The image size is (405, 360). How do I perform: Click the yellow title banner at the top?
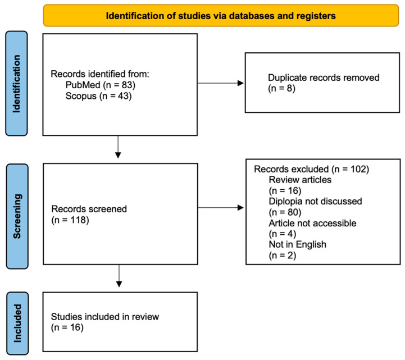[x=221, y=16]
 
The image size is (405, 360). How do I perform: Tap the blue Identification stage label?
[x=16, y=84]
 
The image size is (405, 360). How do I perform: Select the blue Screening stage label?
[x=17, y=216]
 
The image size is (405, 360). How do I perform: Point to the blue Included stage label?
[x=17, y=323]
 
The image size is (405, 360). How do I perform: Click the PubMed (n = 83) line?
[x=100, y=85]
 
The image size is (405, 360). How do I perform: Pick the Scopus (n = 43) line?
[x=98, y=96]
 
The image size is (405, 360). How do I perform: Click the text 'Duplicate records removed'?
[x=324, y=78]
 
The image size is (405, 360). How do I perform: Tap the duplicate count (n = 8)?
[x=281, y=88]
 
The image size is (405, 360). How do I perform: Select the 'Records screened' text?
[x=89, y=209]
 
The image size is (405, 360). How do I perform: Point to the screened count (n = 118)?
[x=70, y=220]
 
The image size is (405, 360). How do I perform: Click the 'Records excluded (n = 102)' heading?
[x=312, y=169]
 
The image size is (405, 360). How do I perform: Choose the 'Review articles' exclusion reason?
[x=300, y=180]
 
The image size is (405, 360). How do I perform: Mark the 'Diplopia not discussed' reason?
[x=315, y=201]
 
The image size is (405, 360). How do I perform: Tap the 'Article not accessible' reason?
[x=312, y=223]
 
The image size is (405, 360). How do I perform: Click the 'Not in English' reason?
[x=298, y=244]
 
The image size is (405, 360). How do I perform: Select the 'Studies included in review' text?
[x=105, y=317]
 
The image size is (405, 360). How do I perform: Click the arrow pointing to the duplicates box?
[x=221, y=83]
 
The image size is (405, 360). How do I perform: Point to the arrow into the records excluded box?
[x=221, y=208]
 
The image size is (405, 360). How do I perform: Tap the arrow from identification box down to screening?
[x=118, y=147]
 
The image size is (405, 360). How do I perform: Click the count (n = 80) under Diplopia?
[x=285, y=212]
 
